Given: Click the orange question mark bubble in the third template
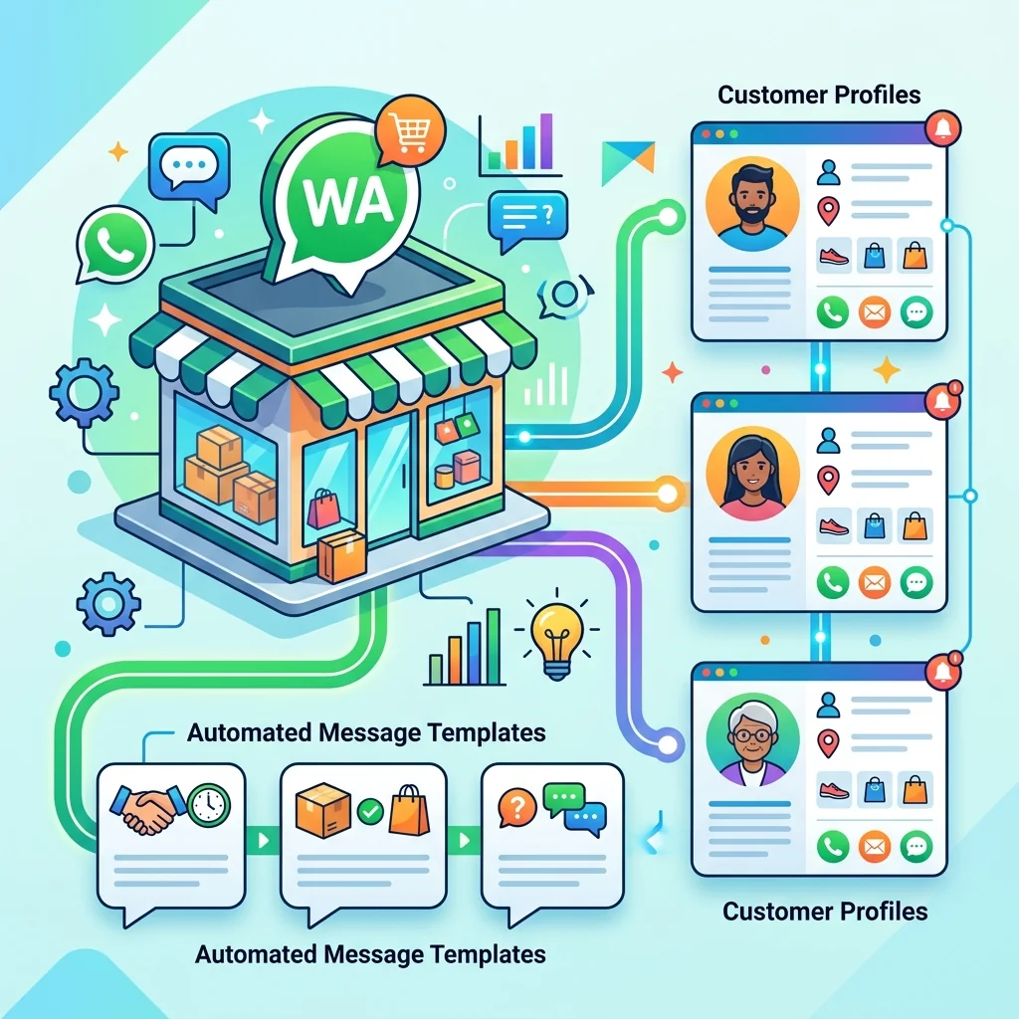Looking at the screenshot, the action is [517, 808].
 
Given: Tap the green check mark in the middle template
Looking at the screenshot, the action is [370, 811].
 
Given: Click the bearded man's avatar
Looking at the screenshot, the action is [752, 204].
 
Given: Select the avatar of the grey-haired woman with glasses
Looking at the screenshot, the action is [752, 739].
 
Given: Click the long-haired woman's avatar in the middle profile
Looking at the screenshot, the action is [752, 473].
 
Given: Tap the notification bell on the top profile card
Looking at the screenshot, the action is [942, 127].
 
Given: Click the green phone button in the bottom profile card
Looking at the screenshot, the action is [833, 846].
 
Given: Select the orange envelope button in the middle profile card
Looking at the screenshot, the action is [874, 582].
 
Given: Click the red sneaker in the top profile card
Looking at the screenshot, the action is [834, 256].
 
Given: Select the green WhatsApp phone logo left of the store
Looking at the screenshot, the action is [115, 244].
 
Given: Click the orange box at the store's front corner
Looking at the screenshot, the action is [341, 555].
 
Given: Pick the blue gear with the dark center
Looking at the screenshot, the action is [108, 604].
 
